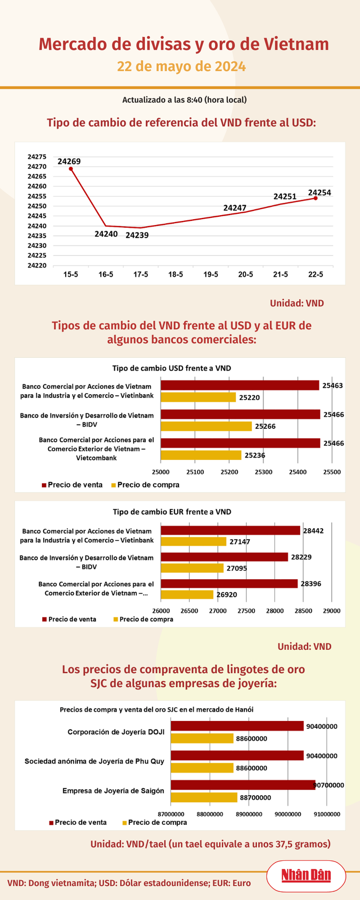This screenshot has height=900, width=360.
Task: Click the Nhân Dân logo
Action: point(306,875)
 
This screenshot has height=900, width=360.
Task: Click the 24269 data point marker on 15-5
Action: point(71,169)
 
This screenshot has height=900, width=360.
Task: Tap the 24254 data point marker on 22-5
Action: point(315,198)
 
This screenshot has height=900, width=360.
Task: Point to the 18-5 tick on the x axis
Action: point(175,274)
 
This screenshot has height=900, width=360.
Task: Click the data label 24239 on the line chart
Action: point(137,235)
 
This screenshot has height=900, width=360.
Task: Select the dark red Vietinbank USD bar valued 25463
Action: point(240,386)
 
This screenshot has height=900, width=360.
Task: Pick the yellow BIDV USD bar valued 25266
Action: point(206,426)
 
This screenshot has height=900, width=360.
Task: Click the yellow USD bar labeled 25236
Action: point(201,455)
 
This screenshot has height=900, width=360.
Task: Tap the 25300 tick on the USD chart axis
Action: point(263,472)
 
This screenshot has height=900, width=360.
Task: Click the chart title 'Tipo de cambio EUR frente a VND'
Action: point(172,512)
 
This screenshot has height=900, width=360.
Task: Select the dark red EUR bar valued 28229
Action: point(224,557)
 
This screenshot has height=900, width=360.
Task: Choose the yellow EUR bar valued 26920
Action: point(187,595)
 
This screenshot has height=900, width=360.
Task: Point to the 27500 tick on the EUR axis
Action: point(246,611)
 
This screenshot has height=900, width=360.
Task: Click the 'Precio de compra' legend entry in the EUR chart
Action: point(143,619)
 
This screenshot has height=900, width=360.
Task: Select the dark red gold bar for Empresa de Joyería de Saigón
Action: point(243,785)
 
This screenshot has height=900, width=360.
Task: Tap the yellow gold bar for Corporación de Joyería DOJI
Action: point(202,739)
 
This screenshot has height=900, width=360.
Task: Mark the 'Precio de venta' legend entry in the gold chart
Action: point(77,823)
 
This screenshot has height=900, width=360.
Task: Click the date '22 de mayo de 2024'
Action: point(181,67)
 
